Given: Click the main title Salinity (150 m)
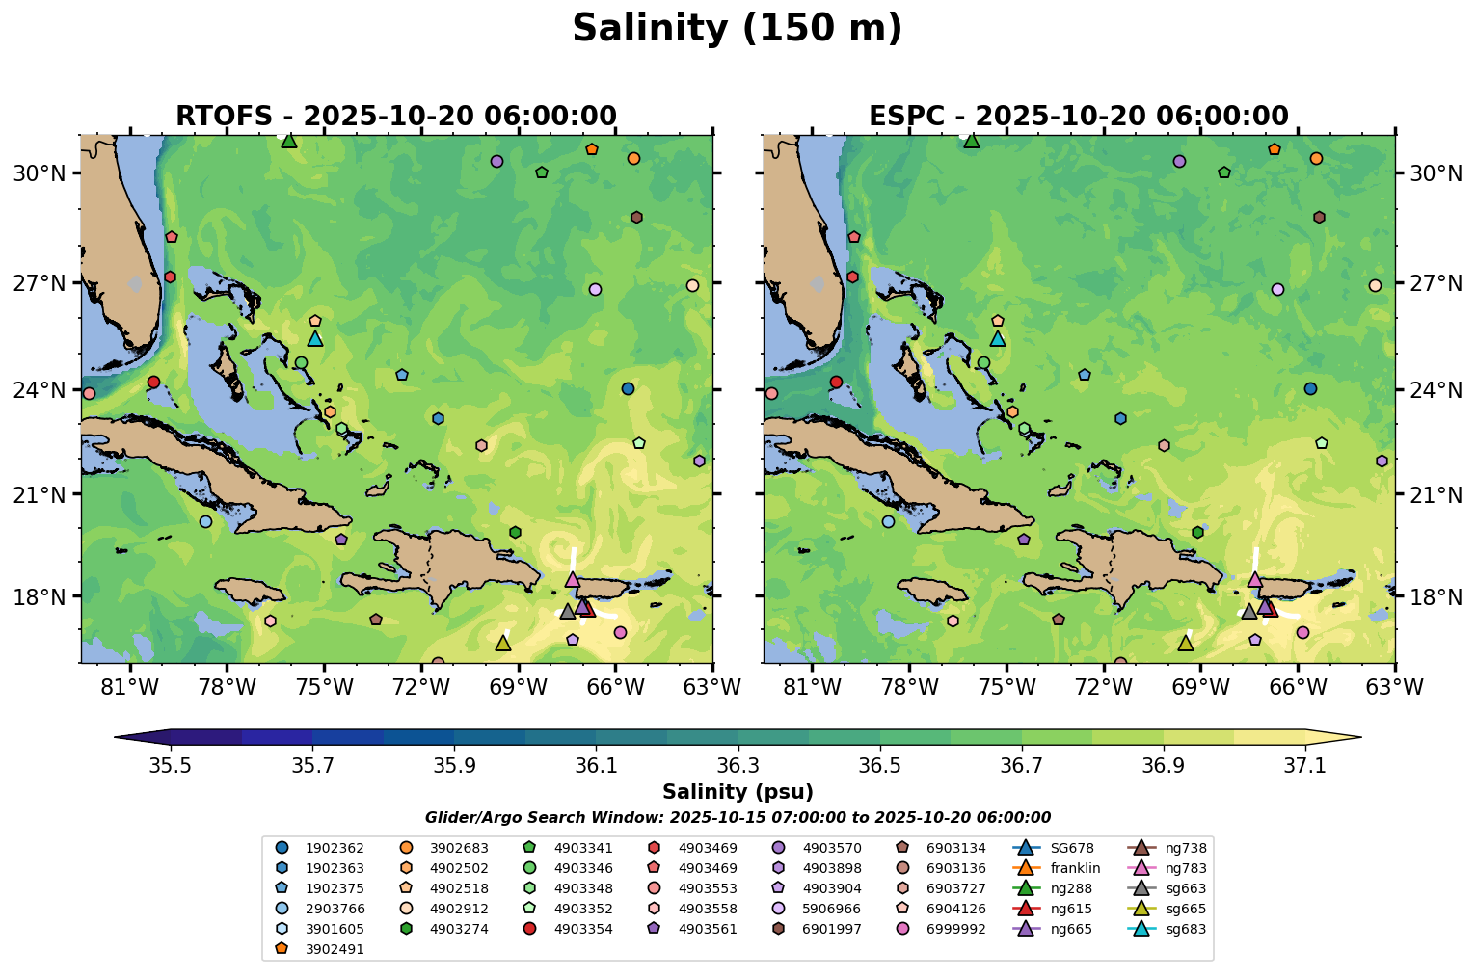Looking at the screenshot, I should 737,29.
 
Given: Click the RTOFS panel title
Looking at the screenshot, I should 395,117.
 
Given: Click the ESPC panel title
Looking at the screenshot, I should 1078,117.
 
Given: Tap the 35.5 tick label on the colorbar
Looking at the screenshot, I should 171,765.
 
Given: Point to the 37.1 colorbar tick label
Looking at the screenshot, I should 1305,765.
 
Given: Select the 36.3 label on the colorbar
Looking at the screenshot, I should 738,765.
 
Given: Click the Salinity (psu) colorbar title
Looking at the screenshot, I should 738,792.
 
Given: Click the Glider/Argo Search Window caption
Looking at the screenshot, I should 738,818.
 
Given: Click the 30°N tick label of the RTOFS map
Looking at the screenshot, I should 38,173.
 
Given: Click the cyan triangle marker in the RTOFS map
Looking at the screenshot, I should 315,338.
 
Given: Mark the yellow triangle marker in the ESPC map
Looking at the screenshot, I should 1185,643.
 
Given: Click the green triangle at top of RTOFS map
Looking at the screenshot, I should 289,141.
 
